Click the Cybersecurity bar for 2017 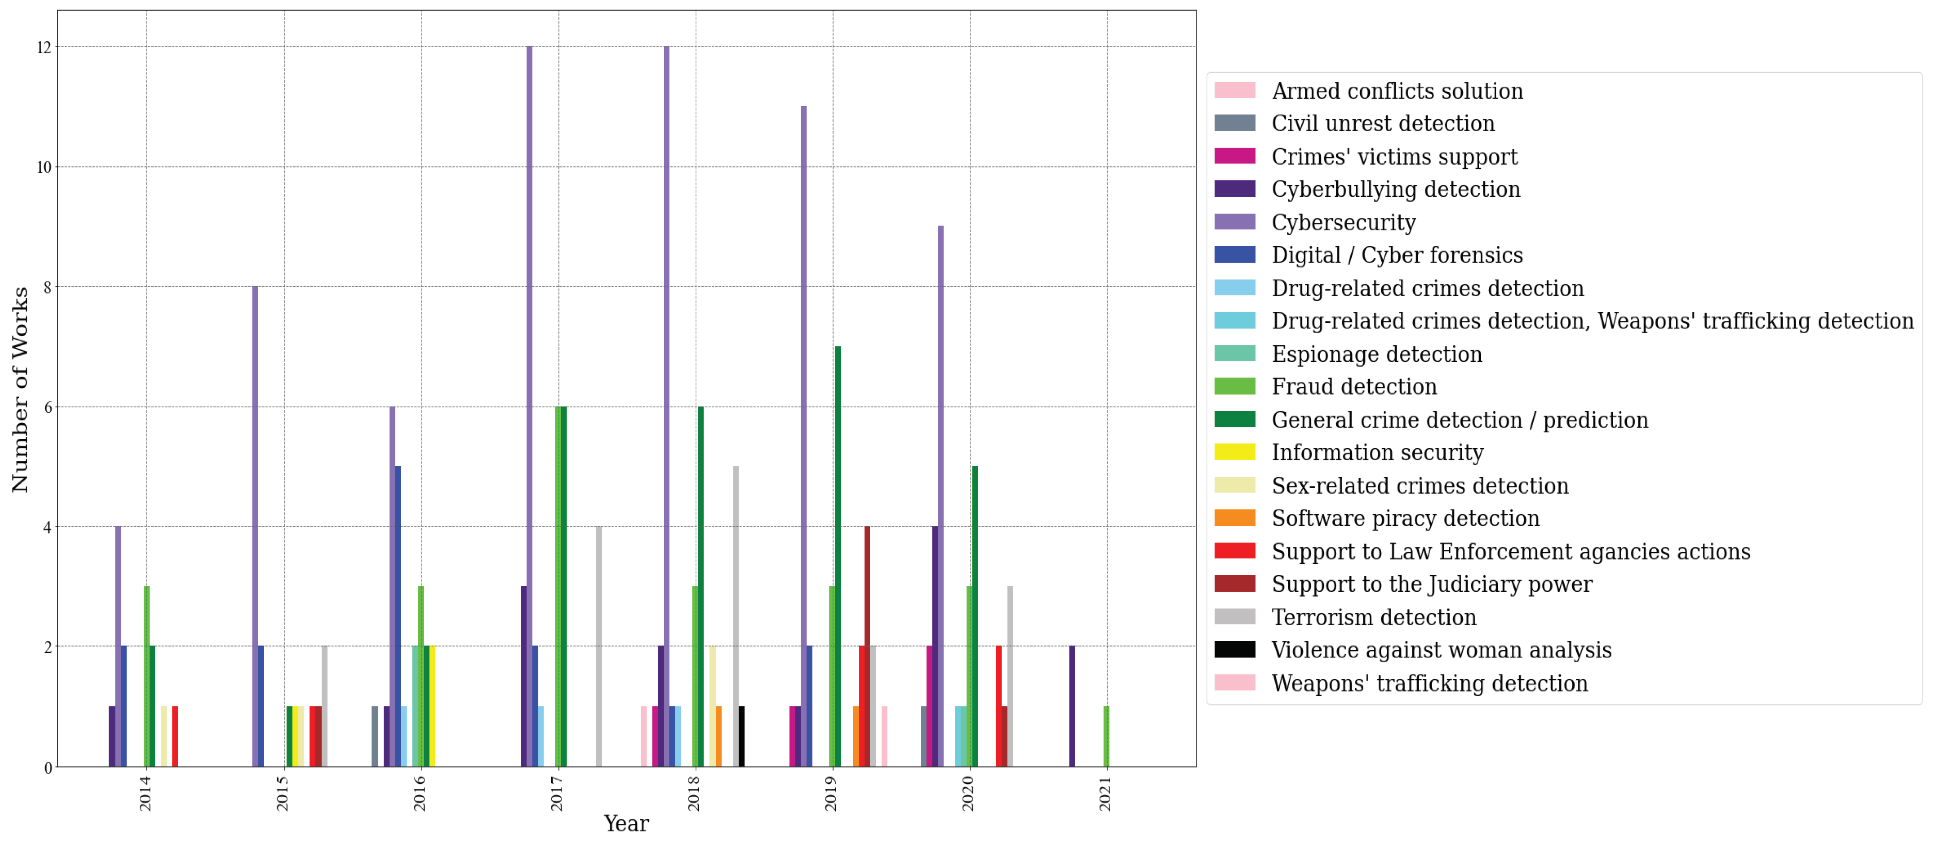(x=529, y=405)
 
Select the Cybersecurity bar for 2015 (x=255, y=525)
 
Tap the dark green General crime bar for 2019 (x=838, y=555)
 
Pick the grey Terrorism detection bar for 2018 (x=736, y=615)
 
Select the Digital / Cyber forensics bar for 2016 (x=398, y=615)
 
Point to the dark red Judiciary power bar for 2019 (x=867, y=646)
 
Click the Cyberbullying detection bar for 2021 (x=1072, y=706)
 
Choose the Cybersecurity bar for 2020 (x=941, y=495)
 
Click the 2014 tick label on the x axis (x=145, y=793)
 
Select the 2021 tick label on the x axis (x=1105, y=793)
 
